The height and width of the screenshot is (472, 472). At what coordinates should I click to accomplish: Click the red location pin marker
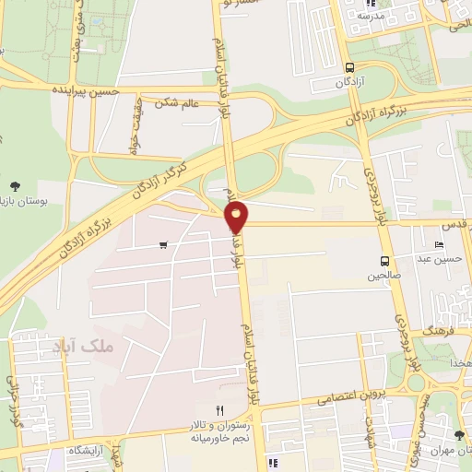click(x=237, y=217)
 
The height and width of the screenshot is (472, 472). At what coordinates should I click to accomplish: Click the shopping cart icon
click(x=163, y=244)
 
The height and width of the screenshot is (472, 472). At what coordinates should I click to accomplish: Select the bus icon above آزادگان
click(x=349, y=67)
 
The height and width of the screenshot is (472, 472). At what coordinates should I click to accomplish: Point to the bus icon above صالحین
click(x=384, y=260)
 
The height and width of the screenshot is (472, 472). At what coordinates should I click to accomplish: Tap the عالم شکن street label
click(x=178, y=103)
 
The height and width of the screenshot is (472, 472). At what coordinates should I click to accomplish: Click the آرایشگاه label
click(x=87, y=449)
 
